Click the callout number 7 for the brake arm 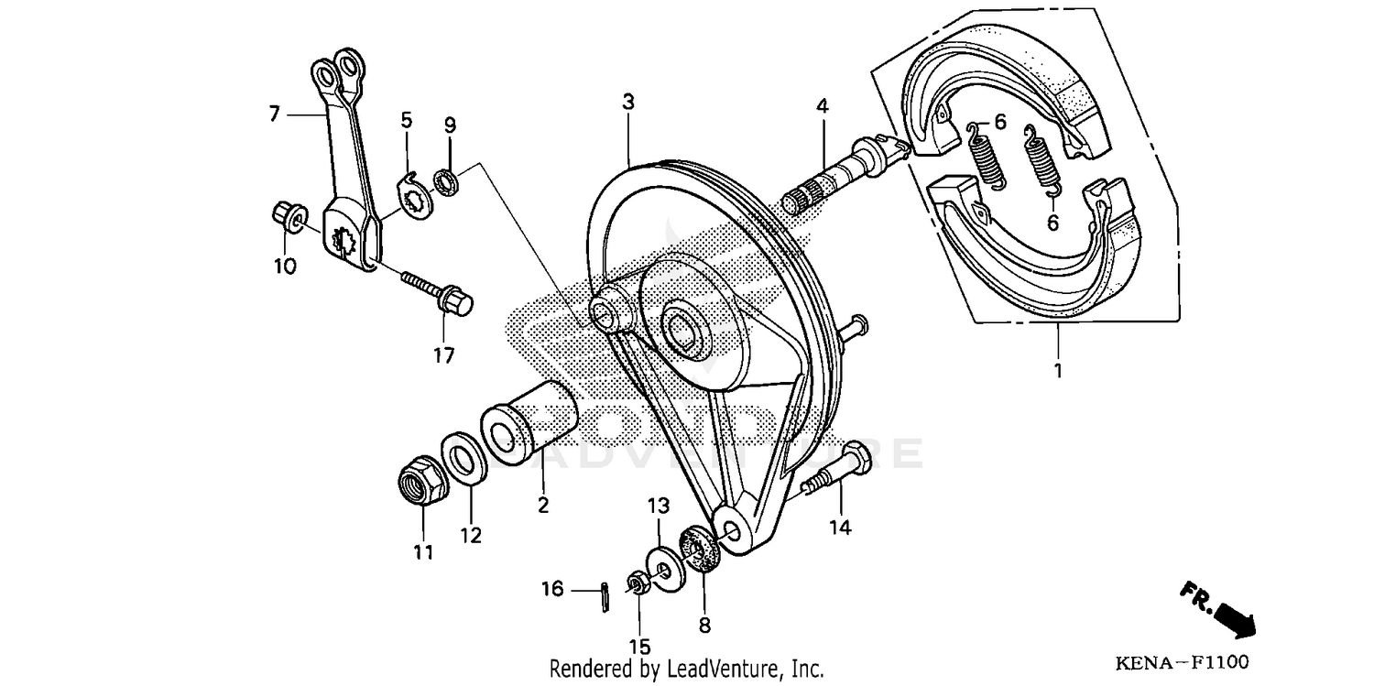tap(273, 114)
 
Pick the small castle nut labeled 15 tap(634, 583)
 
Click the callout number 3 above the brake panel tap(627, 102)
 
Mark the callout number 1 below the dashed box tap(1057, 372)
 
